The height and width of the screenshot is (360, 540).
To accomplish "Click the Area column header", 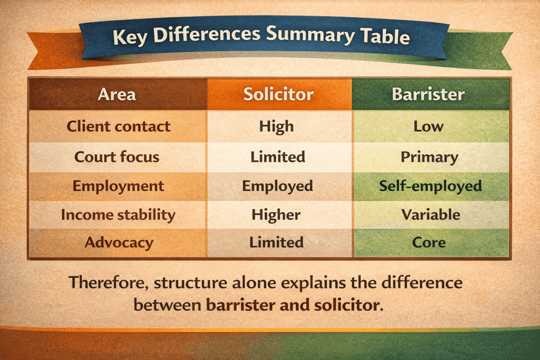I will point(117,94).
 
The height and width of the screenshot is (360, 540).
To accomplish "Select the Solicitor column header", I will point(278,94).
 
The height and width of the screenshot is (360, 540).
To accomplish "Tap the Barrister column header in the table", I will point(428,94).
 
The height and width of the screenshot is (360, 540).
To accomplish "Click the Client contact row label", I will point(119,127).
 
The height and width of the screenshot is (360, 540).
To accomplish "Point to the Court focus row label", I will point(117,157).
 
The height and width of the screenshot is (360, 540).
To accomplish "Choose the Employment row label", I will point(118,186).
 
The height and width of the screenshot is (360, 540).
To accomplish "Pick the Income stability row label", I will point(118,215).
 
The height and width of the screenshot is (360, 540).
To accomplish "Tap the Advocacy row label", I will point(119,242).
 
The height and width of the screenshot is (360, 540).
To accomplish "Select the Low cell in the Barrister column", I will point(429,127).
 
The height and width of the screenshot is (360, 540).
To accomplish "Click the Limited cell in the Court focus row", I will point(277,157).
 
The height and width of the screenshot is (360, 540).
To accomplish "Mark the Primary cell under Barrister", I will point(429,157).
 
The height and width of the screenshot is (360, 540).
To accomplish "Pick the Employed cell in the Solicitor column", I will point(277,186).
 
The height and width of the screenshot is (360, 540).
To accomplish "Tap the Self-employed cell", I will point(430,186).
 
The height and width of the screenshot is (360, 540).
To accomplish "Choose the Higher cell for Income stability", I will point(276,215).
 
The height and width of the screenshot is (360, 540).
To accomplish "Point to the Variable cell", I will point(430,215).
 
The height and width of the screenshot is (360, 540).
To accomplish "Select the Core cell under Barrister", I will point(429,243).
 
